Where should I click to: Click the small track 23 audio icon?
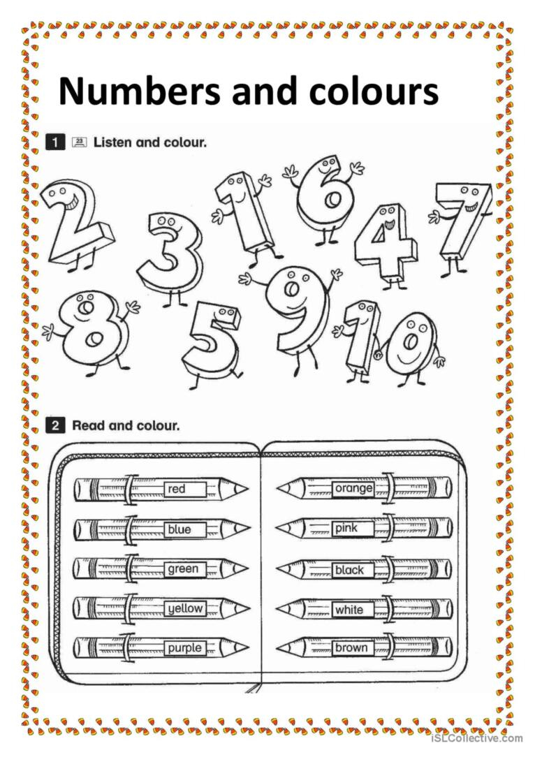click(x=79, y=142)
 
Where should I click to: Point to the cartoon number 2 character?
click(x=75, y=221)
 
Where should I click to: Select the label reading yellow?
click(x=184, y=609)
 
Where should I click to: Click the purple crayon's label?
click(x=184, y=649)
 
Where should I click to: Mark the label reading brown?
click(x=351, y=648)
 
